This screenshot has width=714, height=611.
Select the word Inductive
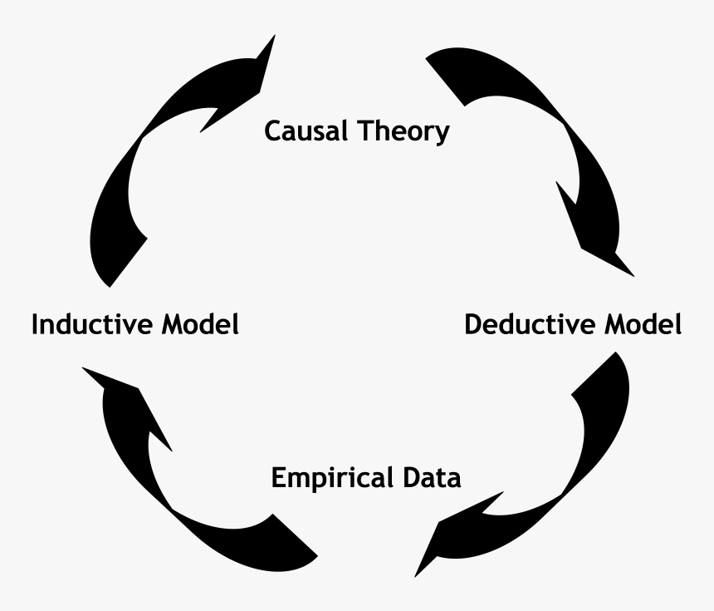tap(91, 324)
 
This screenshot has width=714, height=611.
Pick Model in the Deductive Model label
tap(644, 324)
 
